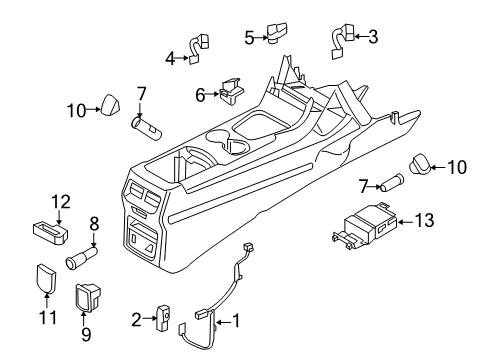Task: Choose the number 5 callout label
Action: click(249, 38)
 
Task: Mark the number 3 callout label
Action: click(373, 38)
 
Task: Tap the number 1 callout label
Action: click(237, 320)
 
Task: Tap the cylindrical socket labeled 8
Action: click(80, 261)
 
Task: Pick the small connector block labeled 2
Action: click(161, 319)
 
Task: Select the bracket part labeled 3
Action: click(339, 38)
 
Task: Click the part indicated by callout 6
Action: click(228, 91)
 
